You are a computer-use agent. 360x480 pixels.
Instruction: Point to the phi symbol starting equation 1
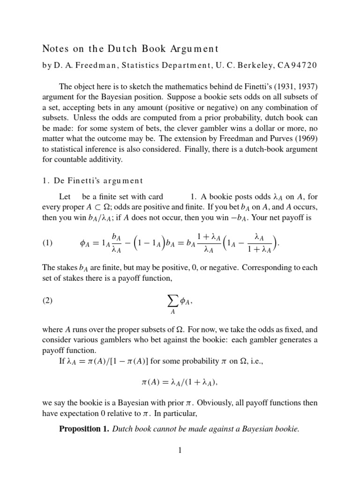80,243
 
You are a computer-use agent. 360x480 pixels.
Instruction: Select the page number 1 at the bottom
180,450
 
